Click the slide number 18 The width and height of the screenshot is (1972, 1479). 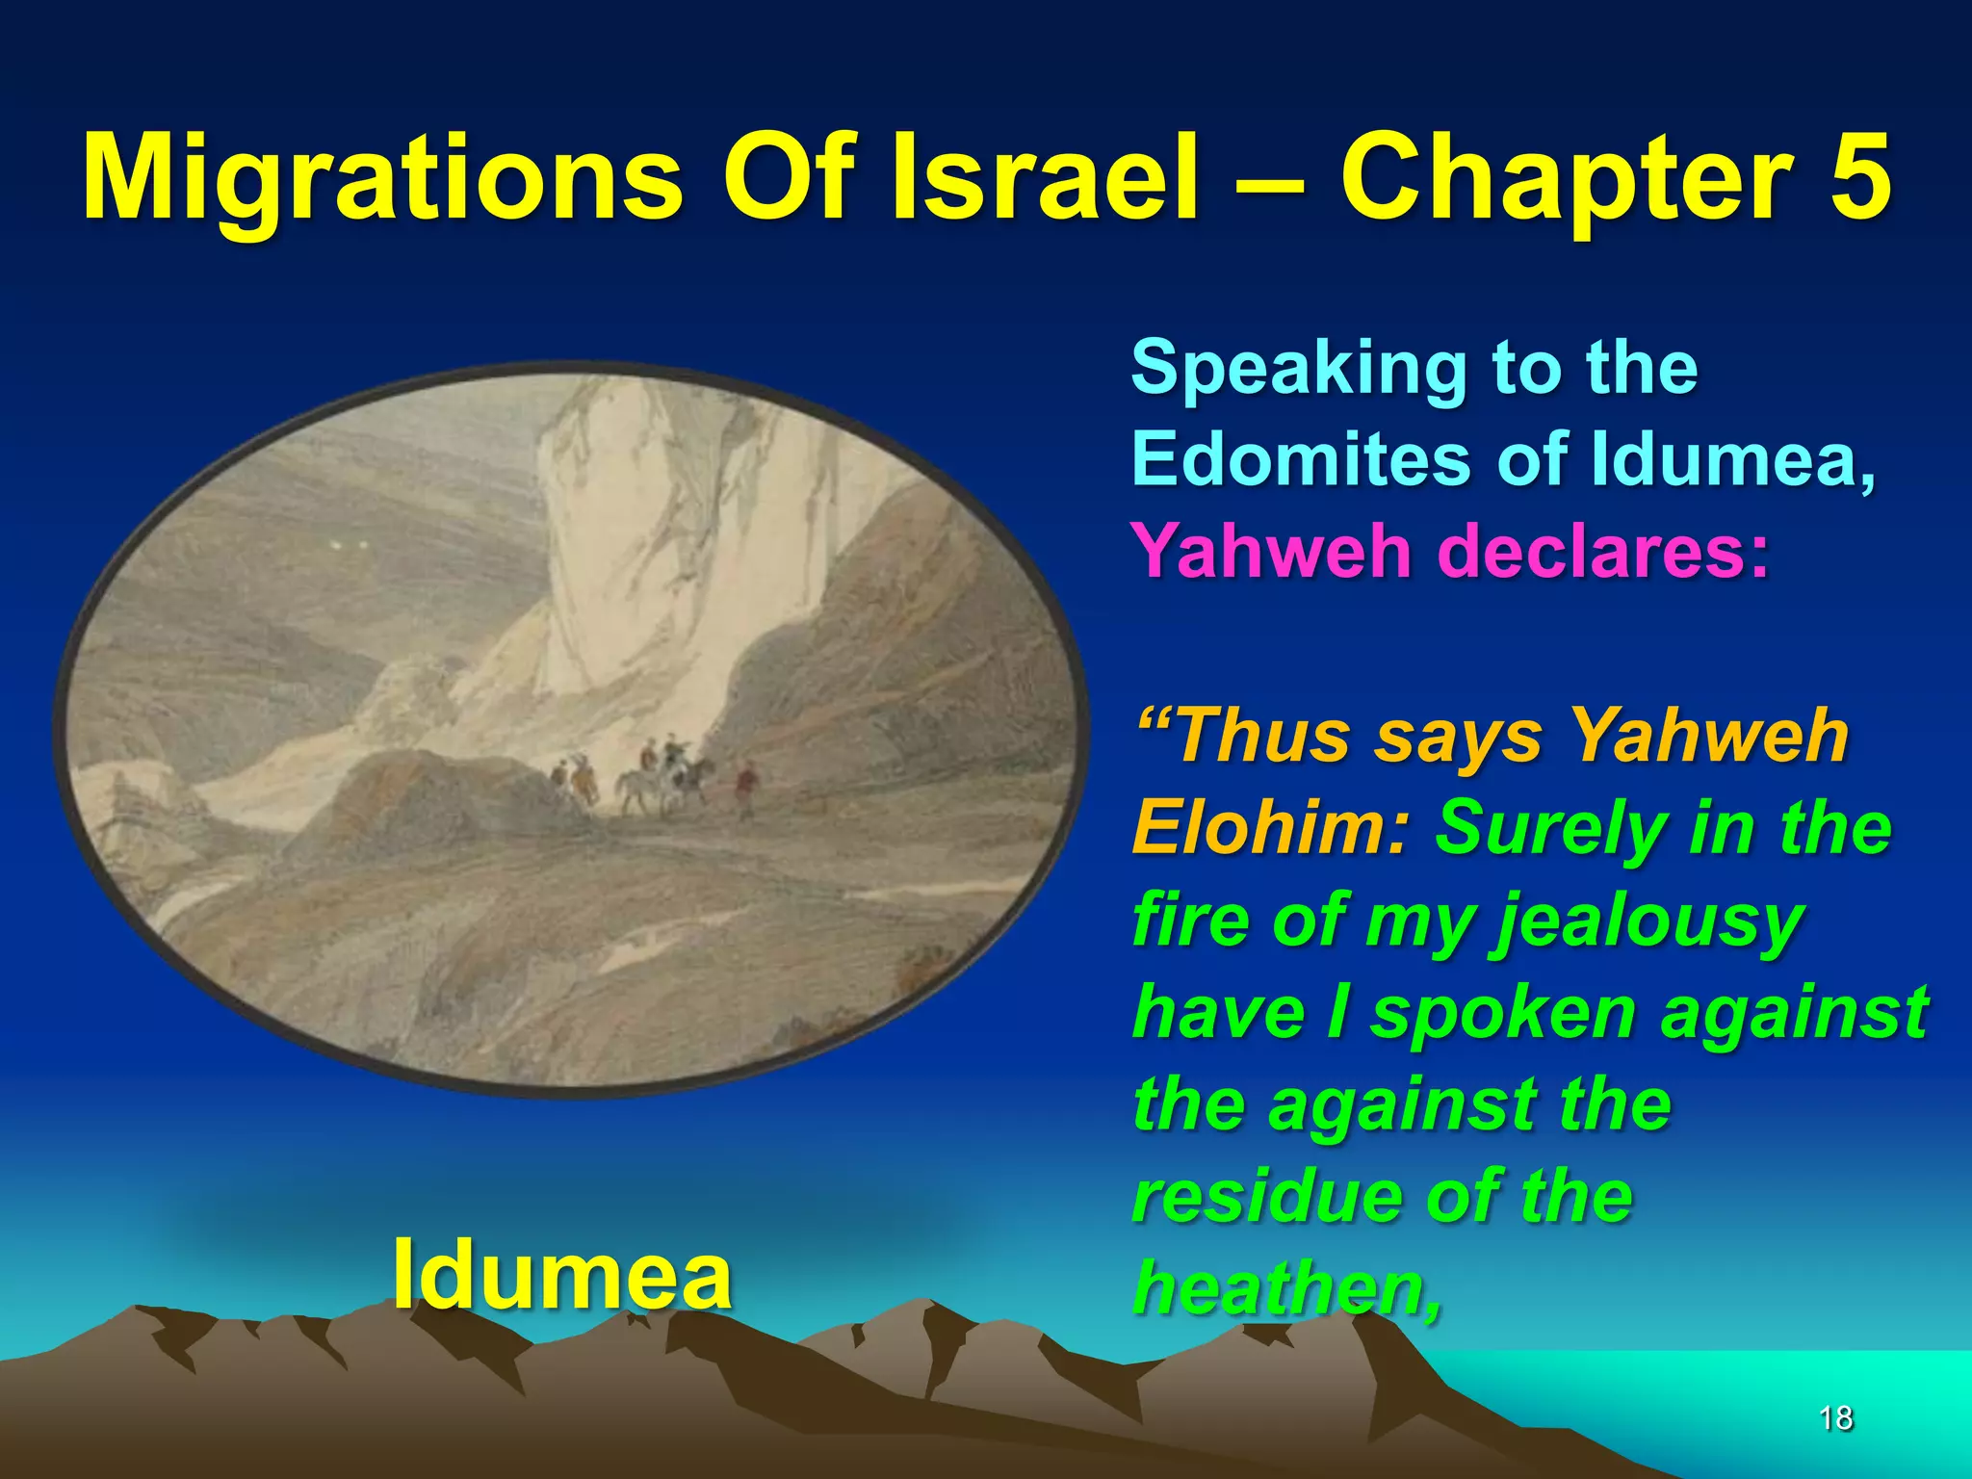point(1836,1416)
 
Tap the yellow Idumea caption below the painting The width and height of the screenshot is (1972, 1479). point(562,1274)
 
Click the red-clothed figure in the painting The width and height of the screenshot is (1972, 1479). point(743,785)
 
